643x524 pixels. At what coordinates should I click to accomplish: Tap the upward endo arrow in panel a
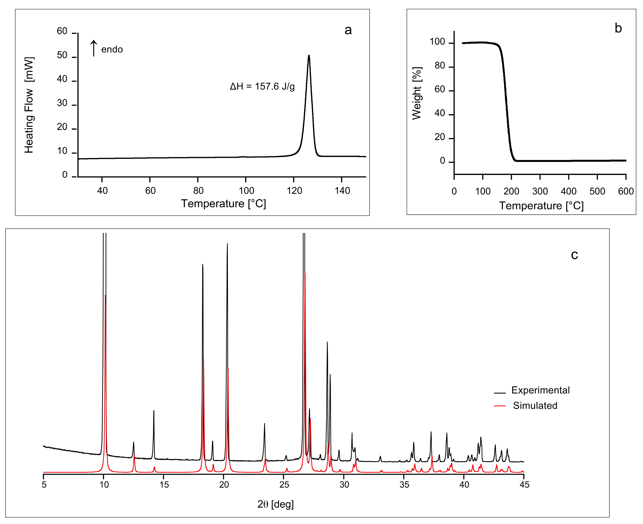[94, 48]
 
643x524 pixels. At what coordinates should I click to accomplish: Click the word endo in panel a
[112, 49]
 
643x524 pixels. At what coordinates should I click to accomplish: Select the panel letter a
[348, 30]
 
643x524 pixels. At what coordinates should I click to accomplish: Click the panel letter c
[574, 255]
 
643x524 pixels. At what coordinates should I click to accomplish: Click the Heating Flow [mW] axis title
[29, 105]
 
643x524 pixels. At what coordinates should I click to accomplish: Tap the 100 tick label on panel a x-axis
[246, 191]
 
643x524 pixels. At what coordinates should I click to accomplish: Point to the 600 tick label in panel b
[626, 191]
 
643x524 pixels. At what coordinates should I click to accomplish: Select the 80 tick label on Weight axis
[440, 66]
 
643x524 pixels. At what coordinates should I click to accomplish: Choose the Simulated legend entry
[535, 406]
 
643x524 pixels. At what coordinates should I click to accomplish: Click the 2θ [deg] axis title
[275, 504]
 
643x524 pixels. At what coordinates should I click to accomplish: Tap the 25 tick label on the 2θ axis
[284, 485]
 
